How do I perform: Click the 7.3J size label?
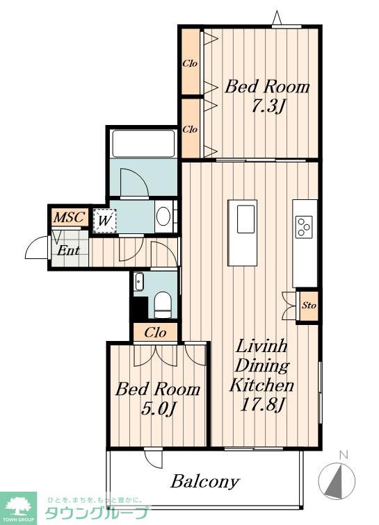(268, 107)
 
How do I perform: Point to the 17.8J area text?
(263, 405)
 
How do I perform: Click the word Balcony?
(205, 482)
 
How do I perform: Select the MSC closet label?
(70, 217)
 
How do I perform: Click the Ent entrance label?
(68, 250)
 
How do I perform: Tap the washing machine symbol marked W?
(104, 221)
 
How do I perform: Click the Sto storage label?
(309, 306)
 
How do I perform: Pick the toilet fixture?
(163, 305)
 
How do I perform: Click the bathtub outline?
(143, 143)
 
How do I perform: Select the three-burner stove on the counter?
(304, 227)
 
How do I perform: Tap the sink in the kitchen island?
(246, 219)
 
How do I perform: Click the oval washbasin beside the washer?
(163, 217)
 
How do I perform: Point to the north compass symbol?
(337, 478)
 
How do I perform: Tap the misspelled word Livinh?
(261, 346)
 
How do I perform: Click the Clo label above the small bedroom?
(155, 333)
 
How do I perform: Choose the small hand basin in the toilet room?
(139, 281)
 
